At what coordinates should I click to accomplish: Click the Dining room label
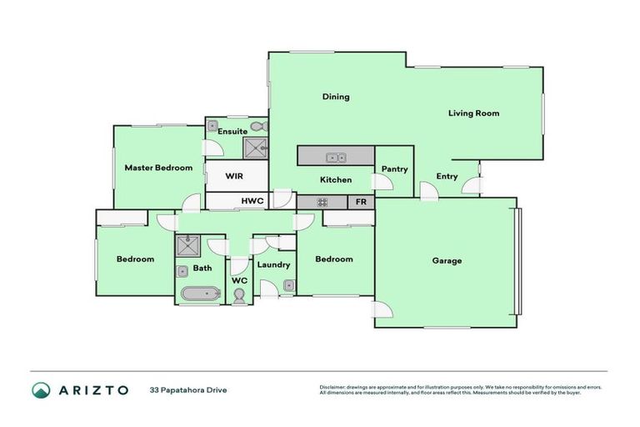pos(336,97)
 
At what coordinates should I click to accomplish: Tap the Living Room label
pos(473,113)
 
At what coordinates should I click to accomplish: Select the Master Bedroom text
pos(158,168)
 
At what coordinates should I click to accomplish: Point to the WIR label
pos(234,176)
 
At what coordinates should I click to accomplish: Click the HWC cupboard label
pos(252,202)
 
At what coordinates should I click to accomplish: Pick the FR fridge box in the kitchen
pos(361,202)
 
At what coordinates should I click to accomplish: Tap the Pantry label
pos(394,169)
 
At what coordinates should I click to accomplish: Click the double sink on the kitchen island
pos(337,157)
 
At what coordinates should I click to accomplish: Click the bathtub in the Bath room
pos(200,294)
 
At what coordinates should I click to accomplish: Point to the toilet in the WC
pos(239,295)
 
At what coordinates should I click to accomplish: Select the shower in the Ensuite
pos(254,148)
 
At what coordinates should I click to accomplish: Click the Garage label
pos(447,261)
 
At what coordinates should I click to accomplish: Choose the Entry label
pos(447,176)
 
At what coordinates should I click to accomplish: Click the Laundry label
pos(273,265)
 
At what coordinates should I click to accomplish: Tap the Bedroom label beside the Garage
pos(333,259)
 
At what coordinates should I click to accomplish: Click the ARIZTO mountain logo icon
pos(42,389)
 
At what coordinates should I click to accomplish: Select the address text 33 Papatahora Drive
pos(188,389)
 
